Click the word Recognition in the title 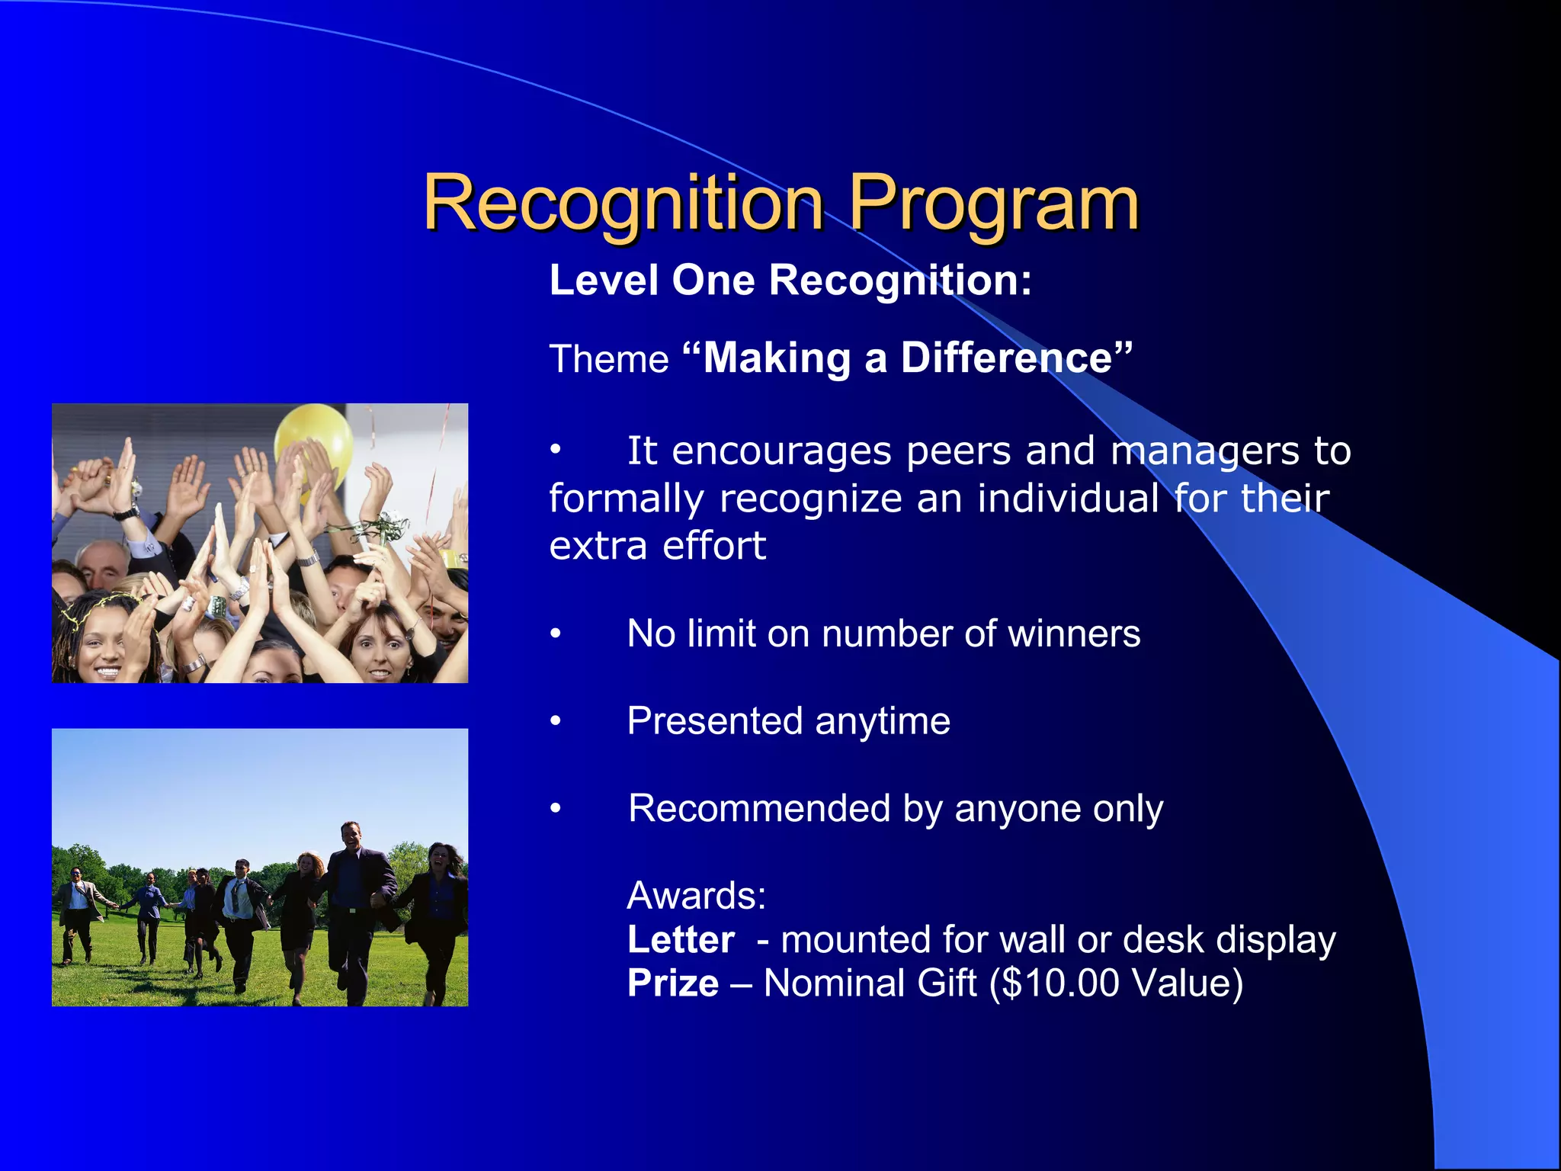(x=623, y=203)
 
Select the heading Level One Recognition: (x=790, y=280)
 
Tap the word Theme (x=608, y=359)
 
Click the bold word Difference (x=1007, y=358)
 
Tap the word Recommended (x=759, y=809)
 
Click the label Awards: (x=696, y=896)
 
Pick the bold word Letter (x=681, y=940)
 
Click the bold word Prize (x=673, y=983)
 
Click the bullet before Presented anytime (x=556, y=721)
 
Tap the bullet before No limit (x=556, y=634)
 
